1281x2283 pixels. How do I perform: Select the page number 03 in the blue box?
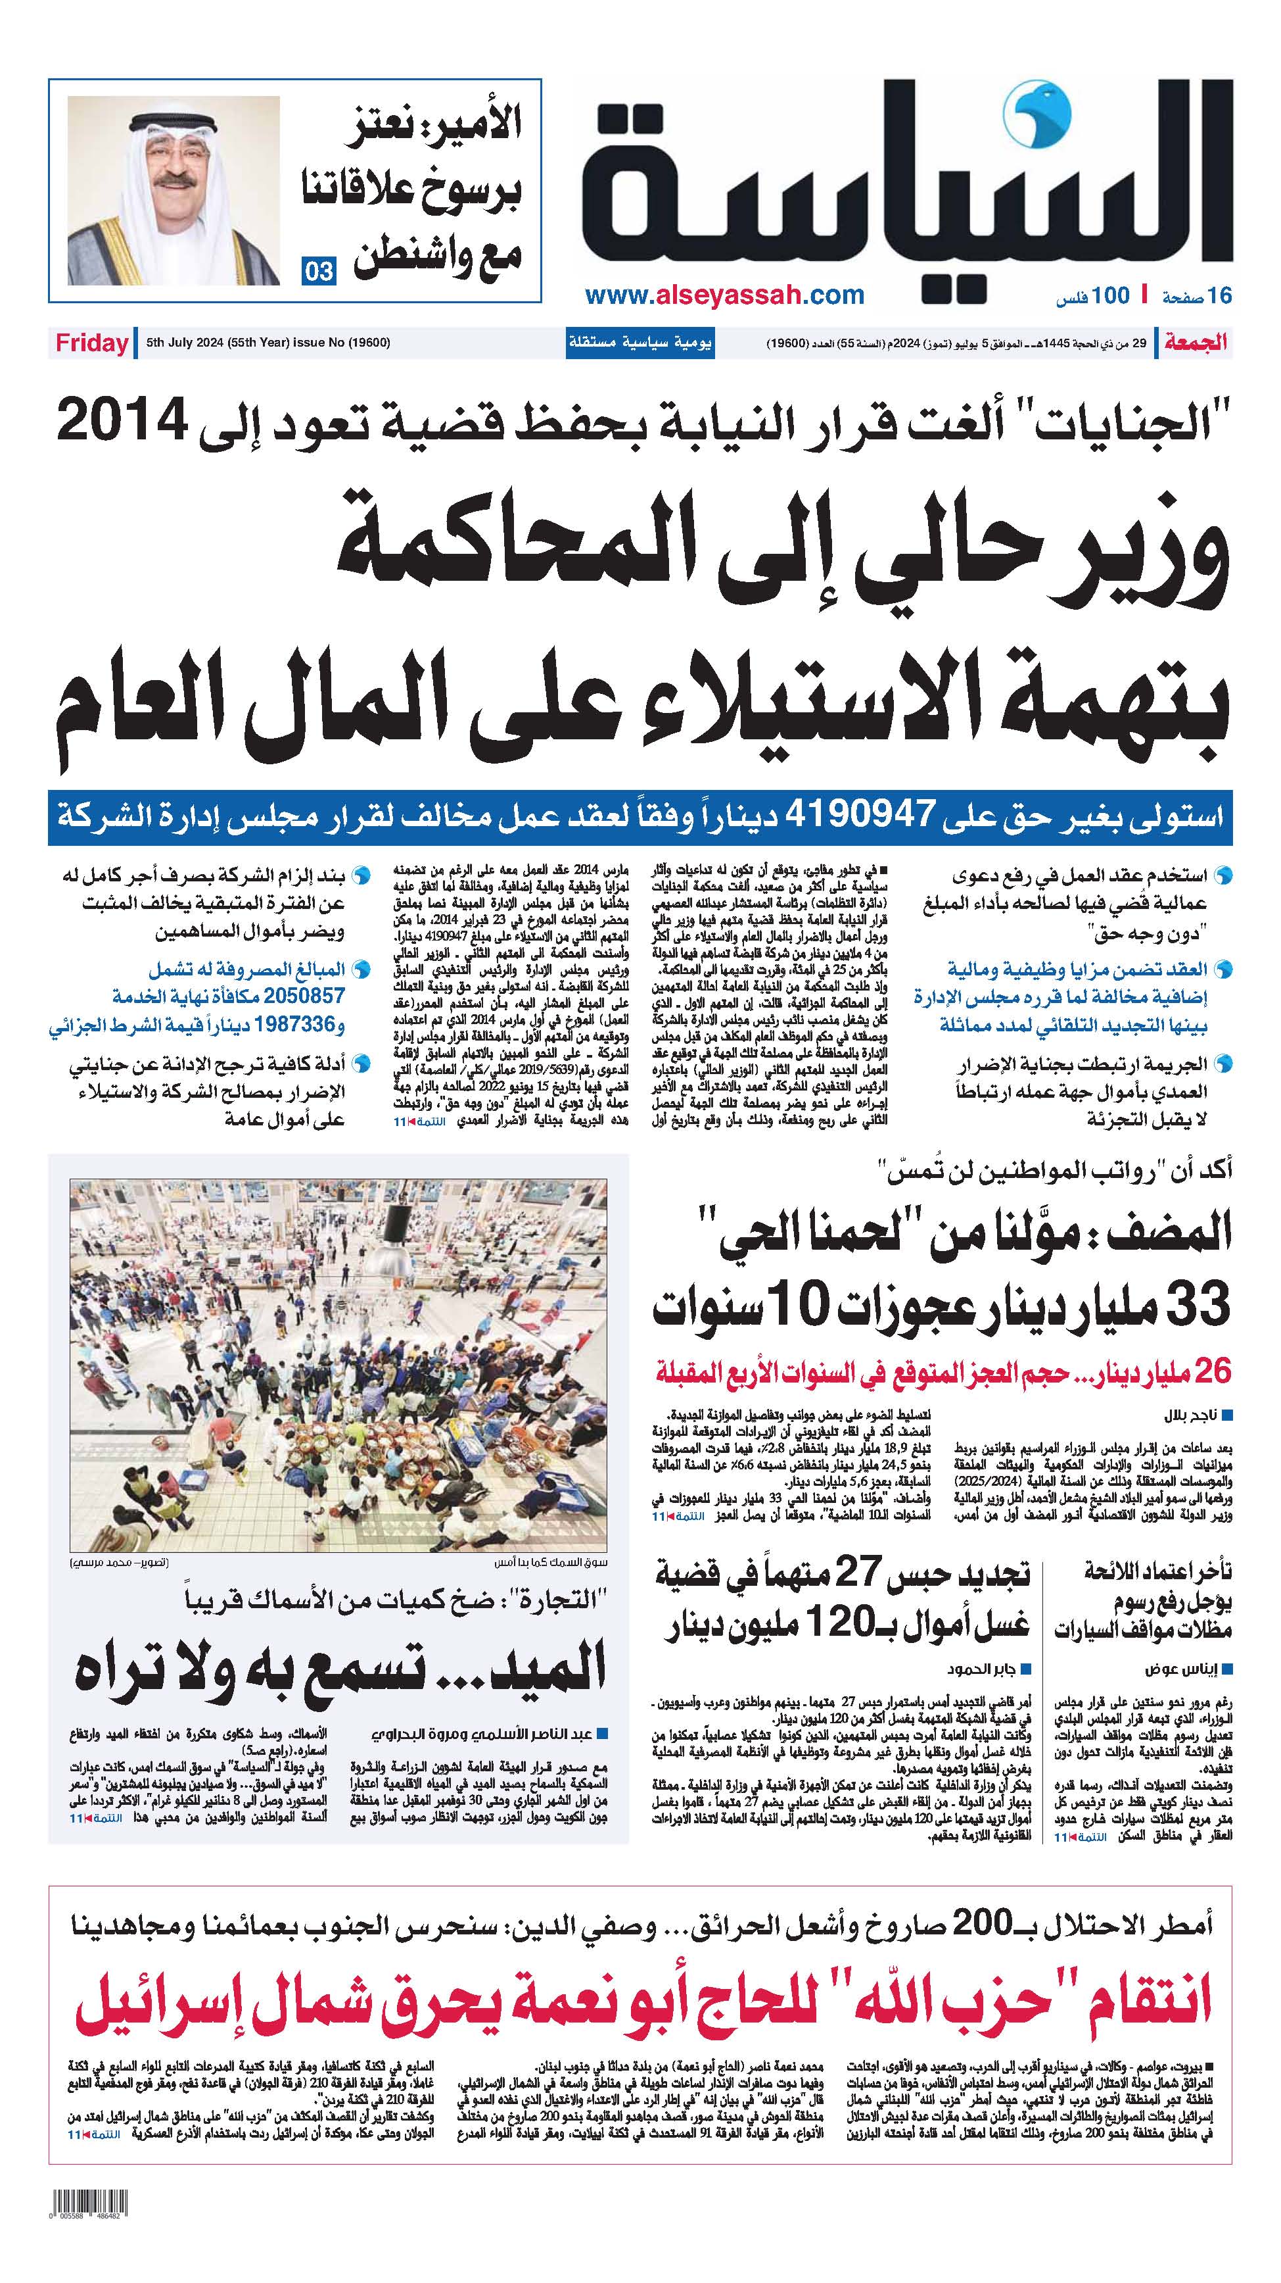318,270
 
